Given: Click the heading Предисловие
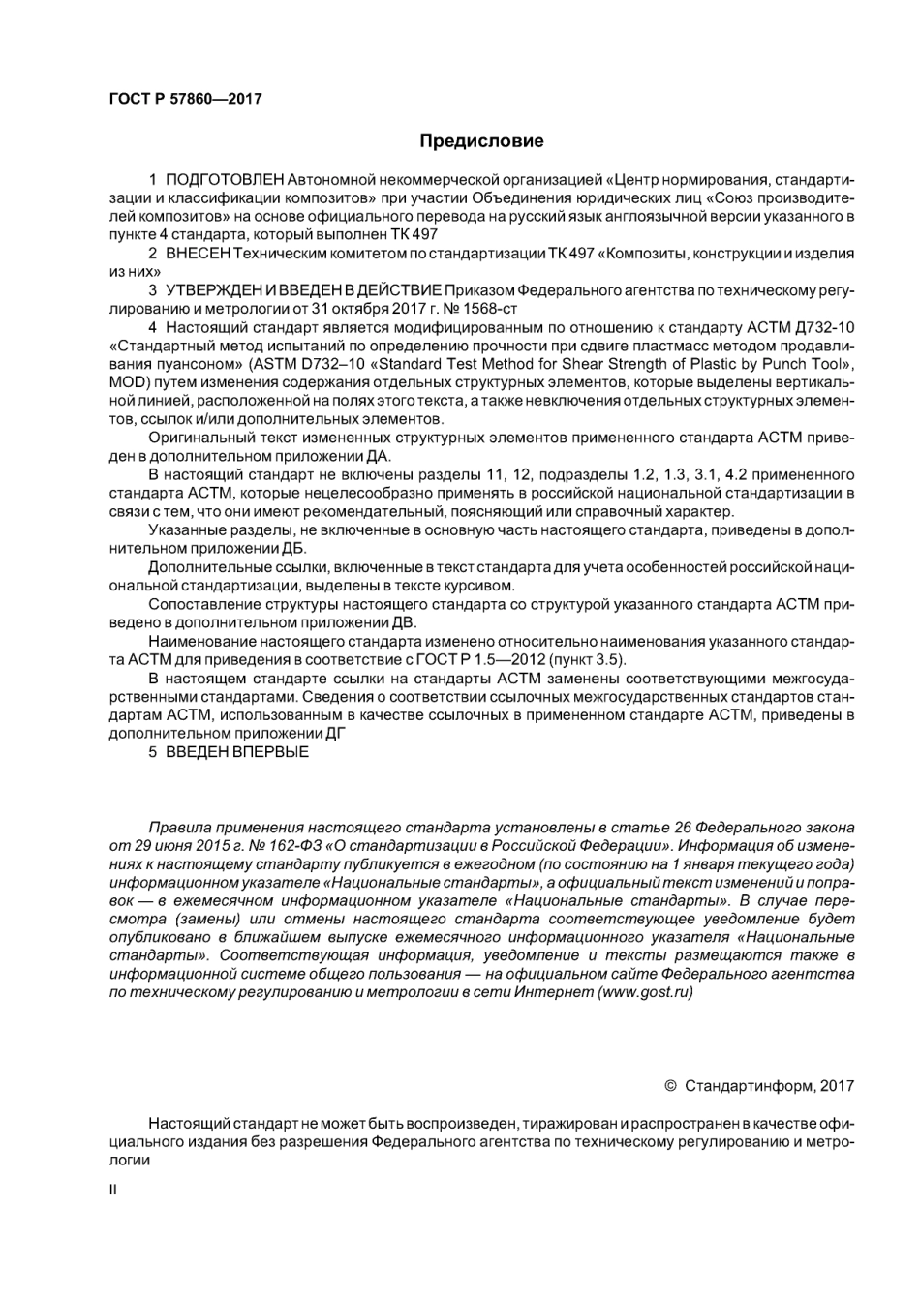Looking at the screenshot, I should (x=481, y=141).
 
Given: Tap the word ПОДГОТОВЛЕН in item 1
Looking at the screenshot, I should (x=225, y=180).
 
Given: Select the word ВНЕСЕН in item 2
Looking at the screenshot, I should (x=199, y=254).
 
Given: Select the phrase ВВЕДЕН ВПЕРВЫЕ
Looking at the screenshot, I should (x=237, y=751).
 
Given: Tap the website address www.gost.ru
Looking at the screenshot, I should (x=646, y=992).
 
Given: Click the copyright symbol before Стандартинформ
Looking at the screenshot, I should (x=670, y=1085).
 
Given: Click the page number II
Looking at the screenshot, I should (x=112, y=1190).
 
